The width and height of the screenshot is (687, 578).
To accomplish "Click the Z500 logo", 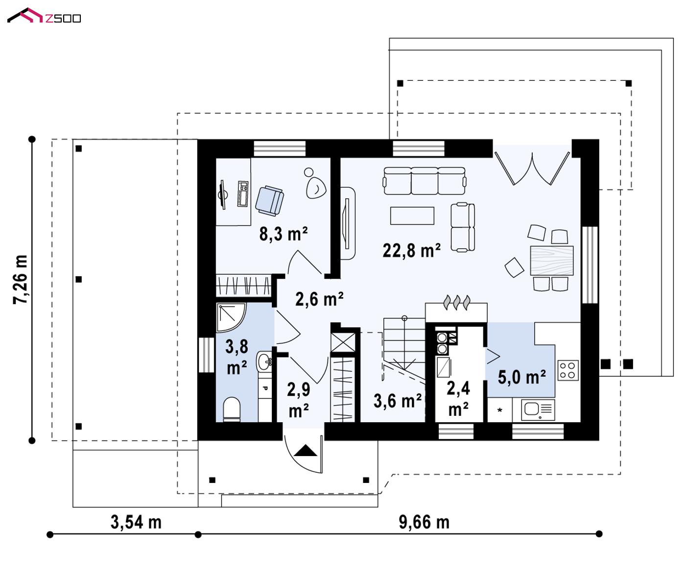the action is (x=44, y=16).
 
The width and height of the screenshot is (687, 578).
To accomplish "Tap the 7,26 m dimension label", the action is (x=21, y=280).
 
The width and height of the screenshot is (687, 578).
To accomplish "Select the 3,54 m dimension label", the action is (x=136, y=522).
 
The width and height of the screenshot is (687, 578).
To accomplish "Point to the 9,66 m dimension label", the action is (x=424, y=522).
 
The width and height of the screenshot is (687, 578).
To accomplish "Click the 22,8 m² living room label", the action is (x=412, y=250).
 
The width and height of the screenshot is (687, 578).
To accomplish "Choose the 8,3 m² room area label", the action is (x=284, y=234).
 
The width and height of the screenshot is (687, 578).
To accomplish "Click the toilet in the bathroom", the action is (x=232, y=409).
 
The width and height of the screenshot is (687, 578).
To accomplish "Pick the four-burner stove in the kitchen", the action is (x=568, y=370).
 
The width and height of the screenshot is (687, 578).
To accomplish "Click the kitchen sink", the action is (x=538, y=410).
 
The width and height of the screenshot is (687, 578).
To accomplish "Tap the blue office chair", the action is (x=269, y=201).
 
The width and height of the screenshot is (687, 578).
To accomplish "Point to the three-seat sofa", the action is (x=425, y=181).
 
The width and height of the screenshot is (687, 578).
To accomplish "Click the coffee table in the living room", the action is (x=412, y=216).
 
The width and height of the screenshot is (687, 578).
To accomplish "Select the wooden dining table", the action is (x=552, y=261).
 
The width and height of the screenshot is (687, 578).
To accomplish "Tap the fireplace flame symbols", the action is (x=457, y=303).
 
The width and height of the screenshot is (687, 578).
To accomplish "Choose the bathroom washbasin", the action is (x=264, y=362).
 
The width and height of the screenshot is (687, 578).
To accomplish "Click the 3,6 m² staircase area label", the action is (x=398, y=401).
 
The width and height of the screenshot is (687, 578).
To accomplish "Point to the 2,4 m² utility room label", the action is (x=458, y=399).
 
